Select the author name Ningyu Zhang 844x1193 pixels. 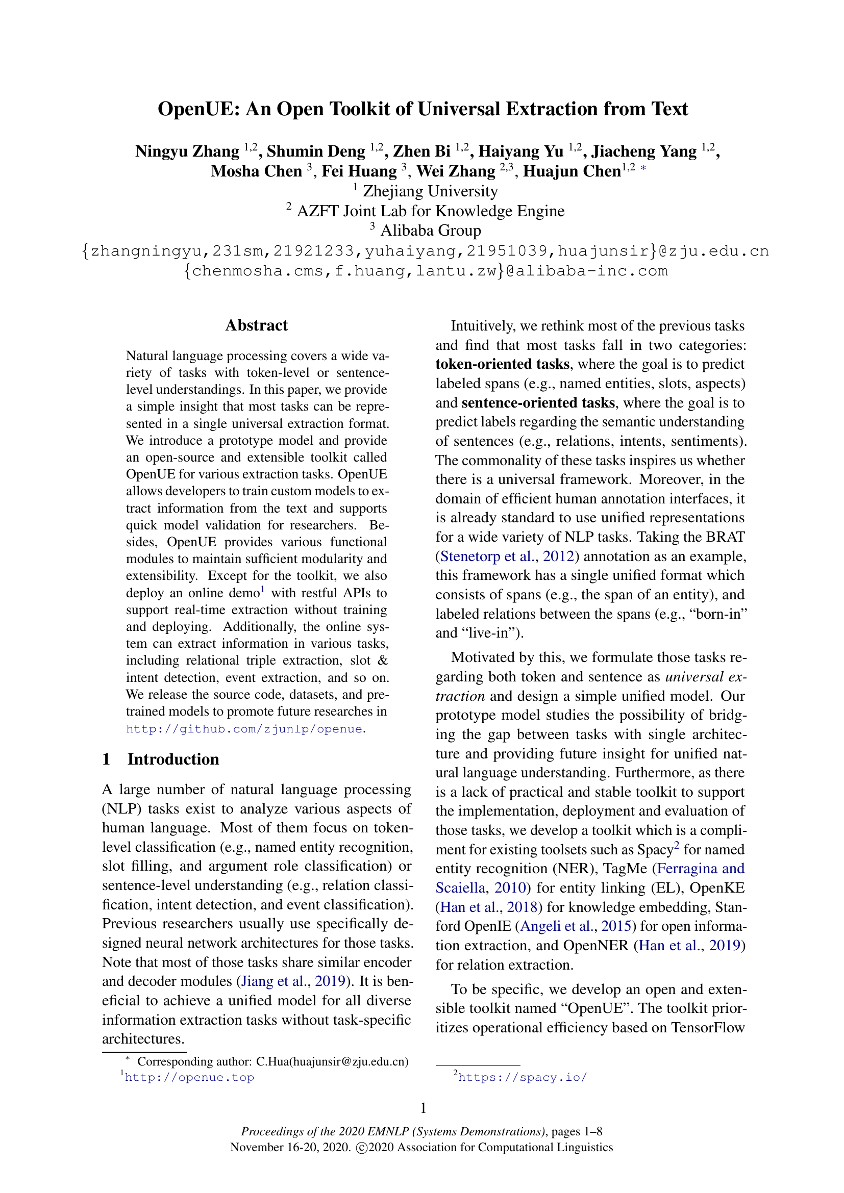click(x=187, y=151)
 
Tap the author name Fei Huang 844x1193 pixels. click(x=359, y=171)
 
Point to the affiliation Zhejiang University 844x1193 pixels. click(x=430, y=191)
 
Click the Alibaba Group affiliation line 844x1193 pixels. click(x=430, y=230)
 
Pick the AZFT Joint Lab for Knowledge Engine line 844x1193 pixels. click(x=430, y=211)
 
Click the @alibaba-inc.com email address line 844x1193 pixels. click(x=426, y=271)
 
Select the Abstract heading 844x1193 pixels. click(x=256, y=325)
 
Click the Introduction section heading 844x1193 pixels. click(x=172, y=759)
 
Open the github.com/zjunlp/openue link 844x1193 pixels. click(x=244, y=729)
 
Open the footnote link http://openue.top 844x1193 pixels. click(x=190, y=1077)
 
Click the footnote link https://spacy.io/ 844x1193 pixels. click(x=523, y=1077)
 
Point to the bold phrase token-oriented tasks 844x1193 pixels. click(x=502, y=364)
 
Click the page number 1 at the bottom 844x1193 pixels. click(x=423, y=1108)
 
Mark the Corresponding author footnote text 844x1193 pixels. click(x=272, y=1061)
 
